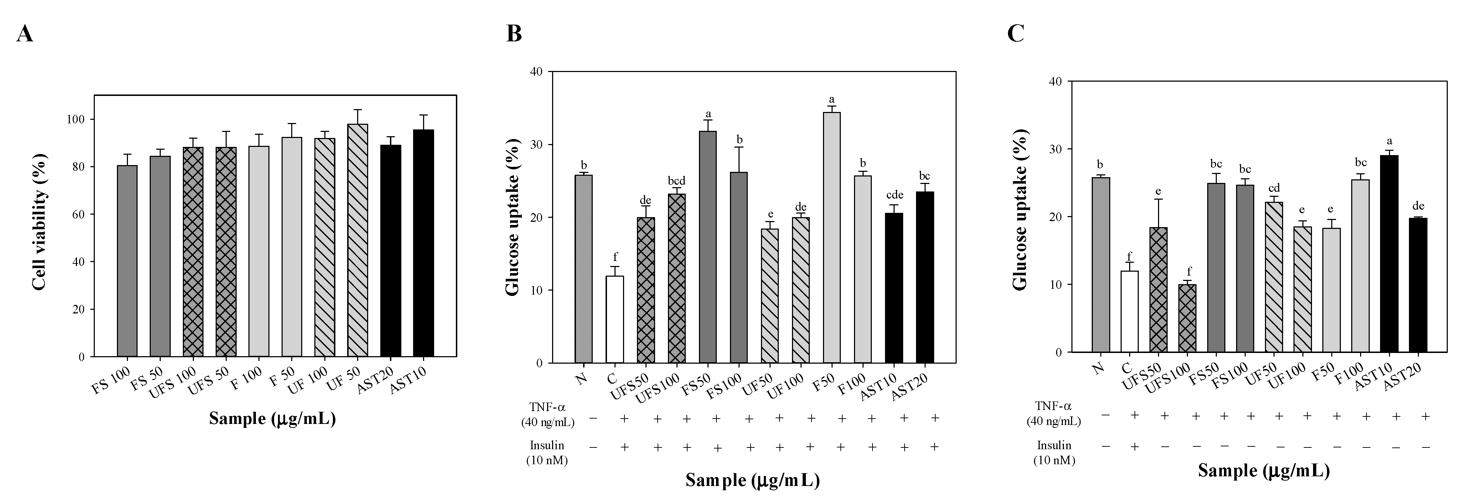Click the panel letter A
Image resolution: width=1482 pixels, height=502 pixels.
pyautogui.click(x=24, y=35)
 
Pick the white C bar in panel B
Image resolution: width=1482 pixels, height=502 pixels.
pyautogui.click(x=614, y=319)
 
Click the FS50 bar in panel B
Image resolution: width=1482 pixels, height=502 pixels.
pyautogui.click(x=707, y=247)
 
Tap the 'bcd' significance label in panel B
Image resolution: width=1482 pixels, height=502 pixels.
pyautogui.click(x=676, y=181)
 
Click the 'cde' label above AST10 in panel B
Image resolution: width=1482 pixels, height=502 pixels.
pyautogui.click(x=894, y=195)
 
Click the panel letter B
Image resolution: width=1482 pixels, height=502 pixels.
pyautogui.click(x=514, y=35)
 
